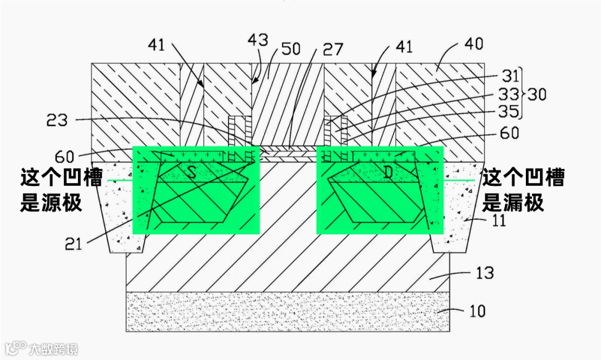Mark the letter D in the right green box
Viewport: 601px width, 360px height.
pyautogui.click(x=387, y=172)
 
